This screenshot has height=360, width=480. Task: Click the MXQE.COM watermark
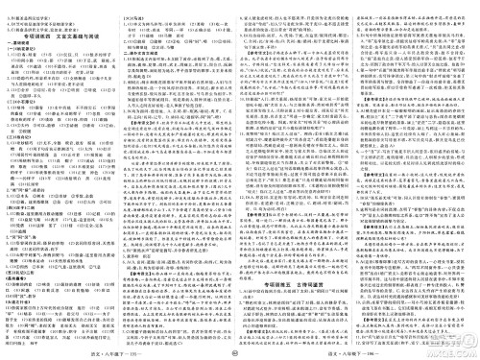(240, 182)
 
